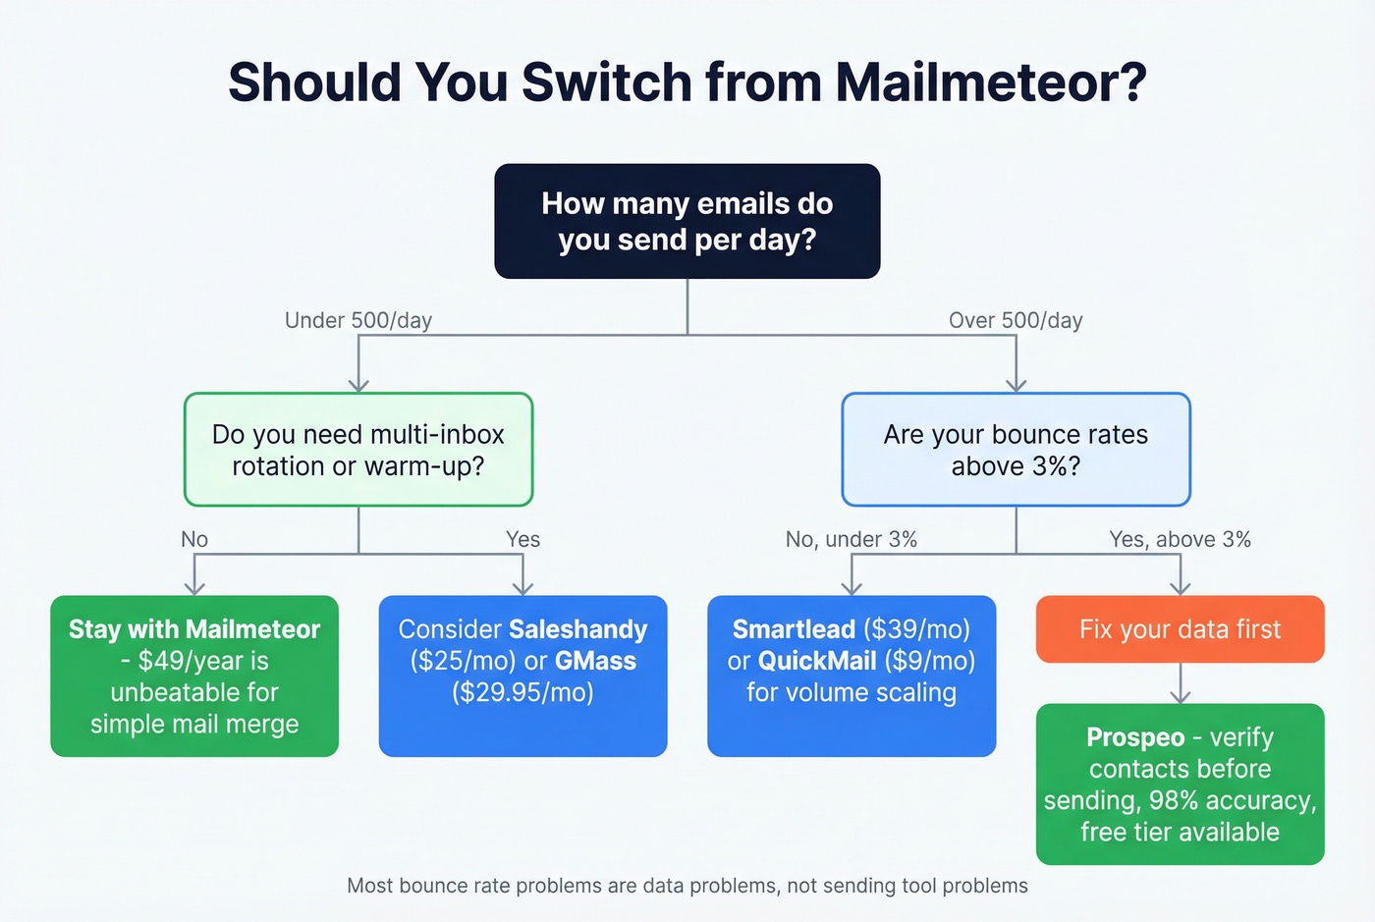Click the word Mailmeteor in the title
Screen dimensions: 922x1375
click(x=990, y=81)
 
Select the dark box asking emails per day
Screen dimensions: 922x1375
click(x=687, y=221)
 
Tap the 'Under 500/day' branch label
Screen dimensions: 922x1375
click(x=357, y=320)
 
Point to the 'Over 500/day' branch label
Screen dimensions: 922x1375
click(x=1015, y=320)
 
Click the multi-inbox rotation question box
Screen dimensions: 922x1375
click(x=357, y=450)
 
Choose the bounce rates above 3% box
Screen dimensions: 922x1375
click(x=1015, y=450)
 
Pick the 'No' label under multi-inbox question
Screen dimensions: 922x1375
click(x=194, y=539)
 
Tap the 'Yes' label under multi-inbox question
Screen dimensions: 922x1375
click(x=522, y=539)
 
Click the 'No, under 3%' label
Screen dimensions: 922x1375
click(x=851, y=539)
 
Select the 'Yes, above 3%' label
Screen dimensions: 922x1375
click(x=1180, y=539)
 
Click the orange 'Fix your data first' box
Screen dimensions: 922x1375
click(x=1180, y=629)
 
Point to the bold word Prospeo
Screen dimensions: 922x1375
click(x=1135, y=737)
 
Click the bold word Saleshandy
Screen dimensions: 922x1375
click(x=577, y=629)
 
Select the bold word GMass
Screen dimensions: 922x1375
click(x=595, y=661)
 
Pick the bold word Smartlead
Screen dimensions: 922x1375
click(x=794, y=629)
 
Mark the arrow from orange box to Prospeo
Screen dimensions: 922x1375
click(x=1180, y=683)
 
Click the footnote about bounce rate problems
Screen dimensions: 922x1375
click(x=687, y=886)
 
